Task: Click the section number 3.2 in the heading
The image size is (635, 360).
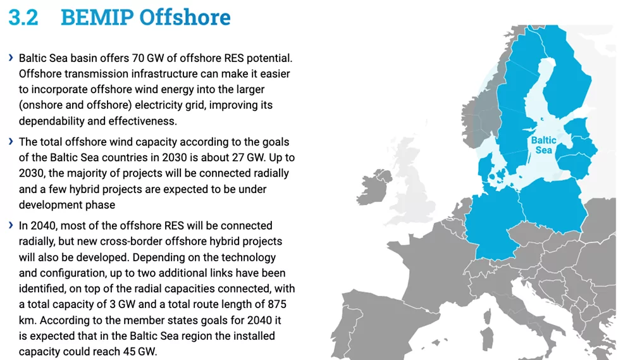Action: coord(23,18)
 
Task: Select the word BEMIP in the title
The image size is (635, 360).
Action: coord(97,18)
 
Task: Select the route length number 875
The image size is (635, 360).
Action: coord(277,304)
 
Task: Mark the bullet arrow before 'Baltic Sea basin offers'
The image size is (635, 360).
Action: coord(11,58)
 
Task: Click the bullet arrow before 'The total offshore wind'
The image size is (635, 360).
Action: coord(11,141)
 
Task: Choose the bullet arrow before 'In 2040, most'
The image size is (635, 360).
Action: coord(11,225)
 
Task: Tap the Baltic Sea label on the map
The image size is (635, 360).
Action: coord(543,145)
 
